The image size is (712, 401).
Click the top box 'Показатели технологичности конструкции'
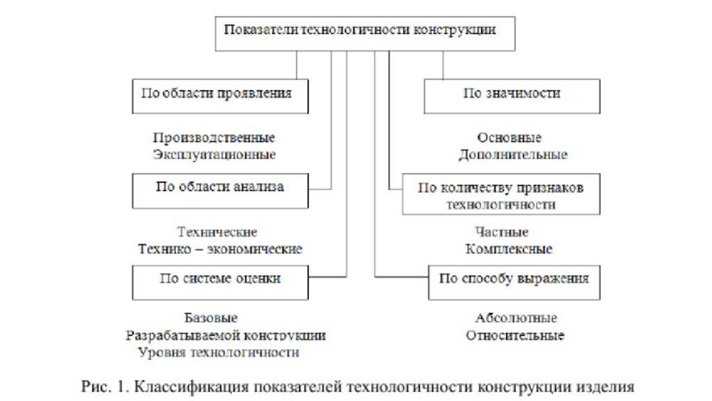[x=365, y=33]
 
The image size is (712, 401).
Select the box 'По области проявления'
[x=220, y=96]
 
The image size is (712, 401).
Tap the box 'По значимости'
[x=512, y=96]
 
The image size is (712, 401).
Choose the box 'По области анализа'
[x=220, y=191]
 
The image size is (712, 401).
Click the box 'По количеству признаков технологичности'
[x=501, y=194]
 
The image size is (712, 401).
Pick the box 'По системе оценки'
[x=220, y=283]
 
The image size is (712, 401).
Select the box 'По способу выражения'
[x=514, y=283]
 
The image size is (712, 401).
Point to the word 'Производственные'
[x=214, y=137]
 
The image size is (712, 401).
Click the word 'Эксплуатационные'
[x=214, y=155]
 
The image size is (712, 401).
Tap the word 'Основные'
[x=509, y=137]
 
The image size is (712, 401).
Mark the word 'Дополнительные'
[x=513, y=155]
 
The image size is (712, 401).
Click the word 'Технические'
[x=217, y=232]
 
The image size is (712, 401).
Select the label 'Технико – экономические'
[x=220, y=249]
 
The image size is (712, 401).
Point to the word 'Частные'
[x=502, y=232]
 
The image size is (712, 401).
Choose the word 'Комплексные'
[x=509, y=249]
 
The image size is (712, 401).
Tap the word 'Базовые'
[x=211, y=317]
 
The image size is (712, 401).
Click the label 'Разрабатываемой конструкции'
[x=226, y=336]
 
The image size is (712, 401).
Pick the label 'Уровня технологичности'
[x=219, y=352]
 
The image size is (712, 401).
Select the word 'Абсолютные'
[x=517, y=317]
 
